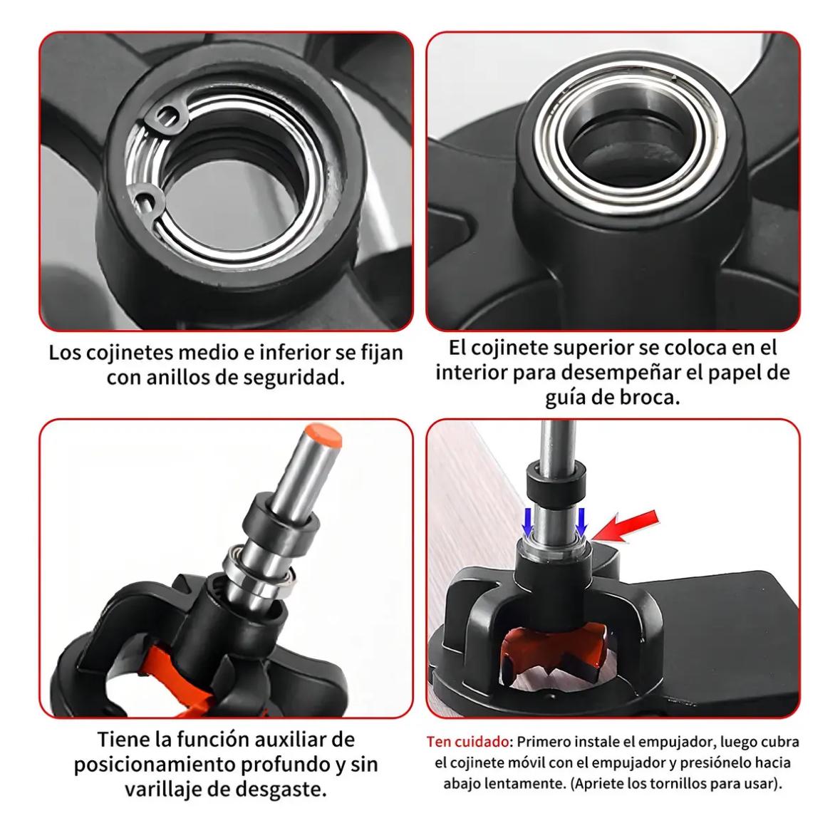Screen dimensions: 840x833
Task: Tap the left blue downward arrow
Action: (528, 521)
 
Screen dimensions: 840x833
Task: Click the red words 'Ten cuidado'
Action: (467, 742)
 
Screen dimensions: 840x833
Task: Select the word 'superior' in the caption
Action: (594, 348)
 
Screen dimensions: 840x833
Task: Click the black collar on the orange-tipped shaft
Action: (279, 521)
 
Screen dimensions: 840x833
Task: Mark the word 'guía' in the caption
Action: (564, 398)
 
